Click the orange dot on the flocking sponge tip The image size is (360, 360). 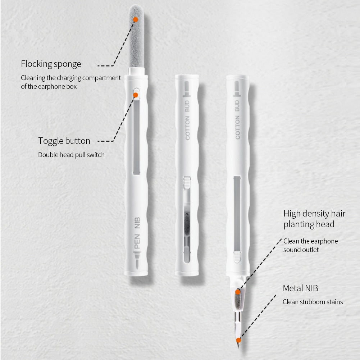click(135, 19)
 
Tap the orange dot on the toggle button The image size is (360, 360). click(135, 95)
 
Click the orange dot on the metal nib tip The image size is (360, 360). click(238, 340)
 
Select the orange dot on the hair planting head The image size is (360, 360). click(238, 292)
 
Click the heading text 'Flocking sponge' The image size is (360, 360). click(51, 64)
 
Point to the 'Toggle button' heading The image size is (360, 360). click(64, 141)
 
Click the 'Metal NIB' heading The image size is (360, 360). click(300, 288)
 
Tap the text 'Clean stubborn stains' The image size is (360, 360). click(313, 302)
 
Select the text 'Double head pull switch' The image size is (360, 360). click(71, 155)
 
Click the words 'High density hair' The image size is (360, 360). click(314, 214)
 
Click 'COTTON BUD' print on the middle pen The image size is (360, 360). click(187, 123)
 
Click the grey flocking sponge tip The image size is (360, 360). click(136, 40)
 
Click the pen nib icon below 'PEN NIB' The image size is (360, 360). click(137, 259)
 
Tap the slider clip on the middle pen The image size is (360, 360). click(187, 182)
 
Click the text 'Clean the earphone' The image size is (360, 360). click(310, 241)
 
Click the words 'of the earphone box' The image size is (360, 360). click(49, 87)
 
